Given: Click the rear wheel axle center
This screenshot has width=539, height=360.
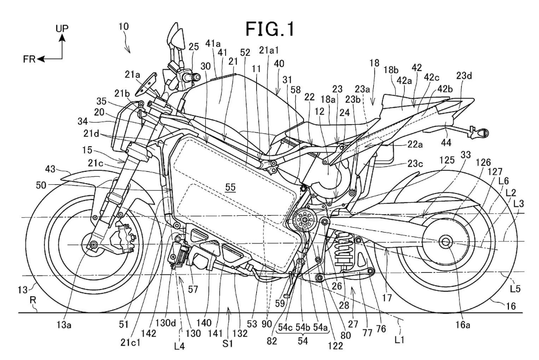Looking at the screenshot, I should (x=445, y=241).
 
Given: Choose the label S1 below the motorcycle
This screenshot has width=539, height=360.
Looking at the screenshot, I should (x=229, y=338).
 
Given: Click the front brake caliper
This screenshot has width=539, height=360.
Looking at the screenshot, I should (x=120, y=238).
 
